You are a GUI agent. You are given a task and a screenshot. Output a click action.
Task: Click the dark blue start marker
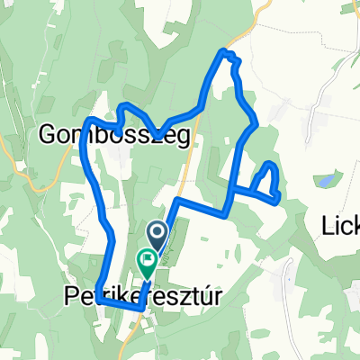coord(157,238)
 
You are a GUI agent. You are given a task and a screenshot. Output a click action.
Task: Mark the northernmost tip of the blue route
coord(224,53)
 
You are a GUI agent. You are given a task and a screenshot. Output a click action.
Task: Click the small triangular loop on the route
coord(265,182)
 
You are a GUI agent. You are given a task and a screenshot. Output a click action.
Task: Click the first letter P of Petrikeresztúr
coord(72,294)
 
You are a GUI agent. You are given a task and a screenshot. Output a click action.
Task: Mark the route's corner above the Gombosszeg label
coord(89,120)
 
